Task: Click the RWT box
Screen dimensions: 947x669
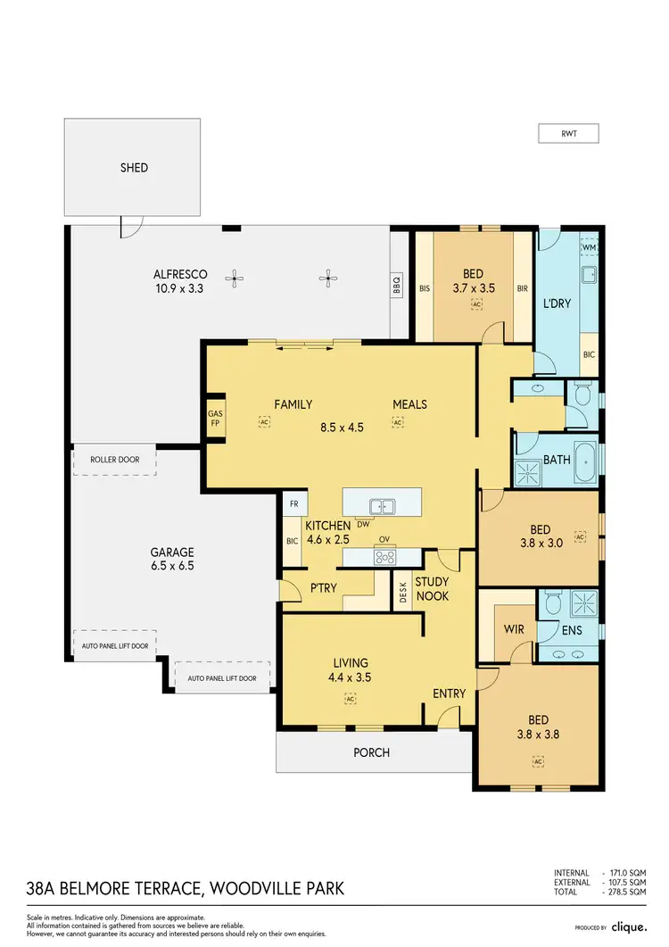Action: [x=567, y=134]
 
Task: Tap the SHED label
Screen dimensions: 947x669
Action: [x=134, y=167]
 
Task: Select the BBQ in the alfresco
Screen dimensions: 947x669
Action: [x=397, y=285]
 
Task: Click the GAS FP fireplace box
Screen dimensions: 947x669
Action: [x=215, y=419]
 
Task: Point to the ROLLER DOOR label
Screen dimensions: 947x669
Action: [x=115, y=460]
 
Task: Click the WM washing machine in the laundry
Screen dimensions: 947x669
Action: [x=589, y=247]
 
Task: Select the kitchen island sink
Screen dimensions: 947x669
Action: [x=382, y=507]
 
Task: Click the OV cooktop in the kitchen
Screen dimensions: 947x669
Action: [x=385, y=556]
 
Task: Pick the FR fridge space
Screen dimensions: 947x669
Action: [x=293, y=503]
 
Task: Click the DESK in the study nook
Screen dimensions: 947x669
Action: [x=403, y=593]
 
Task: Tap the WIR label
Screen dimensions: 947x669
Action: [x=514, y=629]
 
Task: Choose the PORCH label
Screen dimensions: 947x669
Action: [x=371, y=752]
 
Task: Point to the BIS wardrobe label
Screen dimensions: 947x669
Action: [x=425, y=288]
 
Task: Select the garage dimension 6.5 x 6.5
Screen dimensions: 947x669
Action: [x=172, y=565]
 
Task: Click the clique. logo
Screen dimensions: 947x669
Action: [x=628, y=927]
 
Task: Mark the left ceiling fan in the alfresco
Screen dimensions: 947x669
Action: [x=235, y=279]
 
